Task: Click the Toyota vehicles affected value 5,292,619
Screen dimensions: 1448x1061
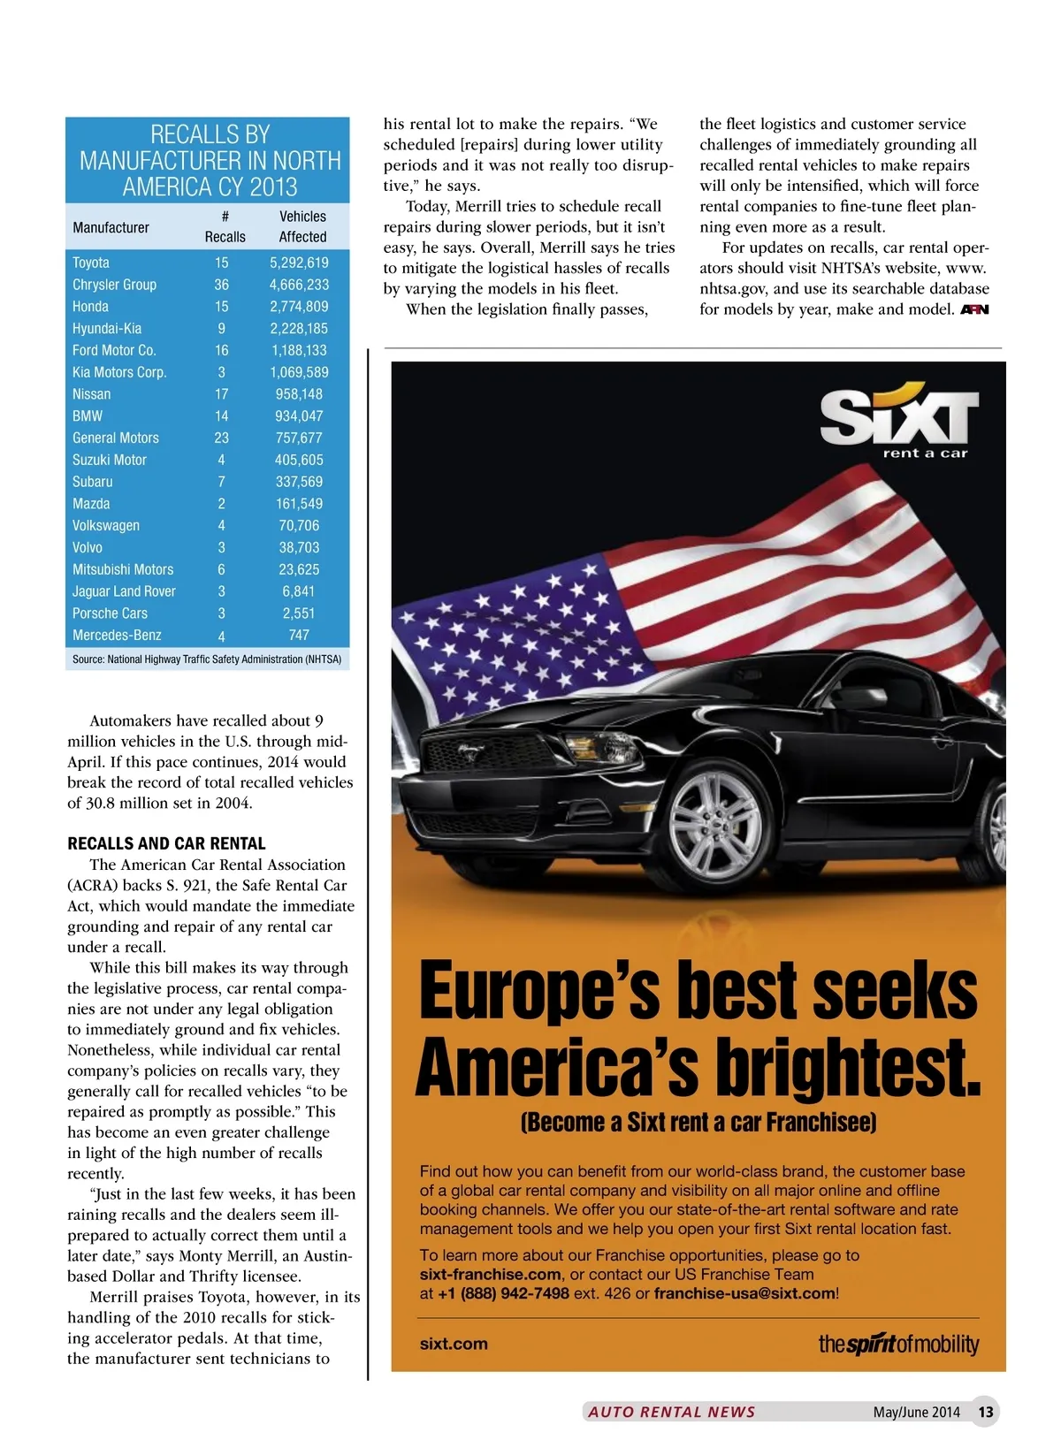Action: [x=299, y=263]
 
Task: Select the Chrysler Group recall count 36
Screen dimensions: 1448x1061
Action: [x=221, y=285]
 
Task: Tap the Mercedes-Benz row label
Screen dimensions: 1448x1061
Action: [x=117, y=635]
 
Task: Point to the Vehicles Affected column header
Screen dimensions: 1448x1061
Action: [x=302, y=226]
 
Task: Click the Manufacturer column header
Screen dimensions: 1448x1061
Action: [x=111, y=227]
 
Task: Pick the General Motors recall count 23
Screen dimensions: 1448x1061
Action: [x=221, y=438]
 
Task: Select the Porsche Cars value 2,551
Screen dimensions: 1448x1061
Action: [x=299, y=613]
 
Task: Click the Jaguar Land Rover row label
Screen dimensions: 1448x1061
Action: [x=124, y=591]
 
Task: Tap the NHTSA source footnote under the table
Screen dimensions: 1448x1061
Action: [x=207, y=659]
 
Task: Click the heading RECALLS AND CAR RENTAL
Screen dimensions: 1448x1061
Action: [x=166, y=843]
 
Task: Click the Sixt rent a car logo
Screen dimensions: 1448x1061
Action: [x=898, y=423]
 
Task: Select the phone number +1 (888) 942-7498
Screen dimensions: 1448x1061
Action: [x=503, y=1293]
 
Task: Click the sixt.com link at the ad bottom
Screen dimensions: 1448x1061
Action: [x=454, y=1344]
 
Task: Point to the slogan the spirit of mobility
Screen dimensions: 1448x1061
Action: [x=898, y=1344]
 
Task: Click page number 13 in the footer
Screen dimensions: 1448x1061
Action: [x=986, y=1412]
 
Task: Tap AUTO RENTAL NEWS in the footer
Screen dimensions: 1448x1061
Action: [x=672, y=1412]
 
